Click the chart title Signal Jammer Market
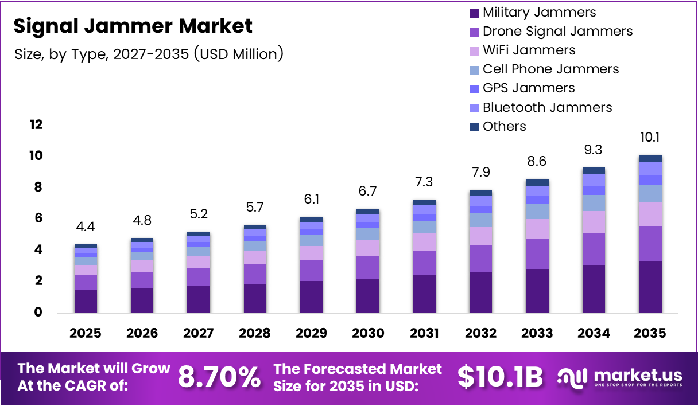coord(133,26)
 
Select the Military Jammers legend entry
coord(539,12)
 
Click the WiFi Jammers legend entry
coord(529,50)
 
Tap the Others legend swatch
coord(474,127)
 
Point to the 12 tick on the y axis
coord(36,124)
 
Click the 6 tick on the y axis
coord(38,218)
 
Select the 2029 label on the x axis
coord(311,333)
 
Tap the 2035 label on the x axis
coord(650,333)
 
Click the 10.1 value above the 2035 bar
coord(650,138)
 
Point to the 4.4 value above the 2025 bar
coord(86,227)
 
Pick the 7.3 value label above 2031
coord(424,182)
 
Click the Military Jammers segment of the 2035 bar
coord(650,287)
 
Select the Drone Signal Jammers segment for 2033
coord(537,254)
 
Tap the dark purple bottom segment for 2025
coord(86,301)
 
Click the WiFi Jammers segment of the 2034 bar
coord(594,222)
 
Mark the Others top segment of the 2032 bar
coord(480,193)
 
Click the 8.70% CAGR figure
coord(219,377)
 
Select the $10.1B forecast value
coord(500,377)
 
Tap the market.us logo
coord(620,377)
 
